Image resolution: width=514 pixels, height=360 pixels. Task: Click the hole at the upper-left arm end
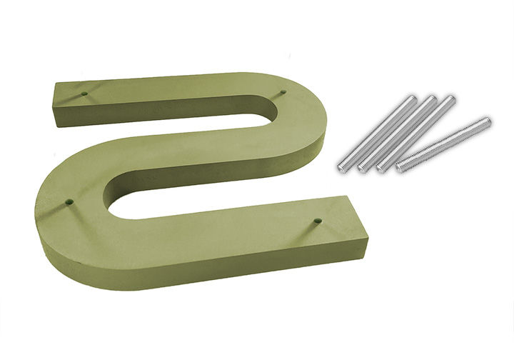(85, 93)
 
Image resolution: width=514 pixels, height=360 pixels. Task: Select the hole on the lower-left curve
(70, 202)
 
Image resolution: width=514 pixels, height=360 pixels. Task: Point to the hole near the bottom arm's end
(318, 221)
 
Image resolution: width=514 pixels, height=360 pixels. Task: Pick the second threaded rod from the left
(397, 134)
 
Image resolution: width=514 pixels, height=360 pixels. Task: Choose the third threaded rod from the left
(416, 134)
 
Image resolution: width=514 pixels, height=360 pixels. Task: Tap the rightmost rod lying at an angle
(443, 144)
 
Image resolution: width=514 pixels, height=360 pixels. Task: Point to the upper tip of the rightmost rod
(488, 121)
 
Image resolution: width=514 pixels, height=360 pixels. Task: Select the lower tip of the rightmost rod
(399, 169)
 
